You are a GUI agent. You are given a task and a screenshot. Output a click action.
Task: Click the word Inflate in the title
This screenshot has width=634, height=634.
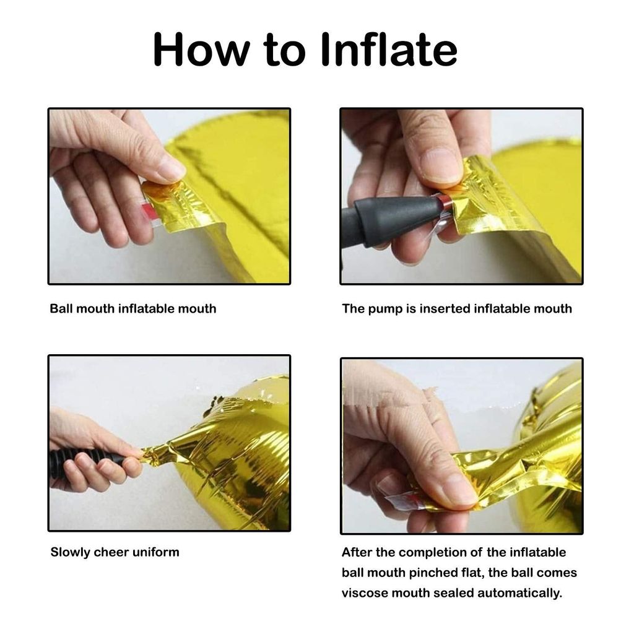tap(389, 50)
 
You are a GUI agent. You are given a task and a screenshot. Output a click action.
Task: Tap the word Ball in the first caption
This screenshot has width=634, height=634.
tap(61, 308)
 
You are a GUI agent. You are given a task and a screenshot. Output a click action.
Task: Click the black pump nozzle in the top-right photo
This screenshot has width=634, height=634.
tap(390, 220)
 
